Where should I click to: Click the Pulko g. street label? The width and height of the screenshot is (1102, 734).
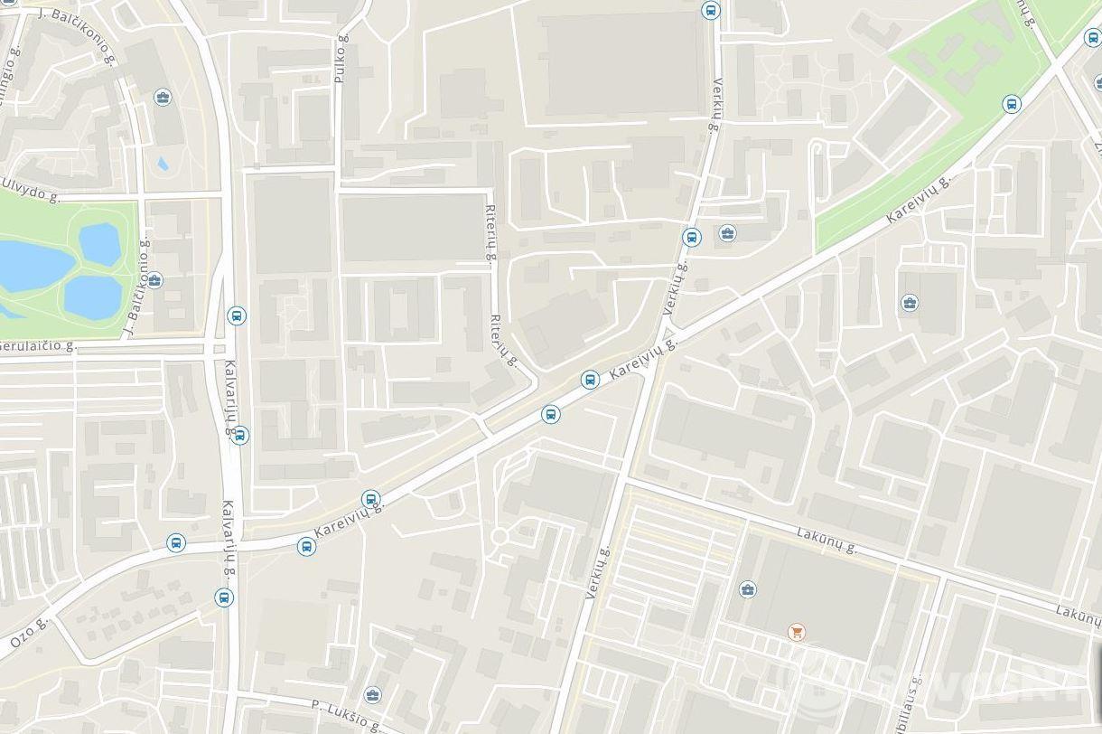point(341,59)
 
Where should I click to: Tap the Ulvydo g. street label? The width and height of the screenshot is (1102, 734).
point(31,185)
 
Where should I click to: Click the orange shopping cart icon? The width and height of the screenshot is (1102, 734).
point(796,632)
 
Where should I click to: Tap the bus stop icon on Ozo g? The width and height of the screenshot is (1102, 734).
point(176,543)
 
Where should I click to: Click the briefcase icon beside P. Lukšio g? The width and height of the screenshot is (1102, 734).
point(372,695)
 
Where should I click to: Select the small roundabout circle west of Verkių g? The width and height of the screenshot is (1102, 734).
point(499,538)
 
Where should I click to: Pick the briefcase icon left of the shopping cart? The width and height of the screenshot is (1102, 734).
point(747,590)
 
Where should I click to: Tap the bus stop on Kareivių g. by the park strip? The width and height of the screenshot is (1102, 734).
point(1012,104)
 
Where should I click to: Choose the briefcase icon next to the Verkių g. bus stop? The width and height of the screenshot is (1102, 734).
point(727,234)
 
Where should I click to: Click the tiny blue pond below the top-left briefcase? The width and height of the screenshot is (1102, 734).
point(163,164)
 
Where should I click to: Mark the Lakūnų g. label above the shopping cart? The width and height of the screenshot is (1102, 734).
point(826,541)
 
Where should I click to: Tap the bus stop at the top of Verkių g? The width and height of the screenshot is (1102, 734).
point(711,11)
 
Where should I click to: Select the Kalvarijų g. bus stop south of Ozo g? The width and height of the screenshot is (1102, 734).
point(224,598)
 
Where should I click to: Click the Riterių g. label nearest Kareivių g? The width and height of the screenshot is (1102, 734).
point(503,341)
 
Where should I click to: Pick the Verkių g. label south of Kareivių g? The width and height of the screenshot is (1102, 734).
point(598,573)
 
